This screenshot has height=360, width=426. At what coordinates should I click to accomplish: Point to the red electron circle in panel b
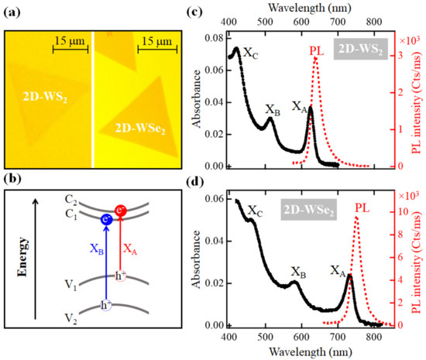click(121, 211)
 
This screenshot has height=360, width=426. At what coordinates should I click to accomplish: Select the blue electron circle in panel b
click(108, 220)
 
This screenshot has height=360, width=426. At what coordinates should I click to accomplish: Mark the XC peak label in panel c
click(251, 53)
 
